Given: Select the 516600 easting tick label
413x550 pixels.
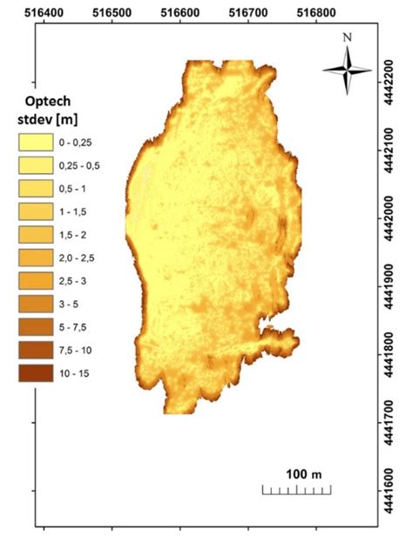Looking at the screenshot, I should click(x=180, y=11).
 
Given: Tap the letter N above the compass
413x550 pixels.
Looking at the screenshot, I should click(x=347, y=38).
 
